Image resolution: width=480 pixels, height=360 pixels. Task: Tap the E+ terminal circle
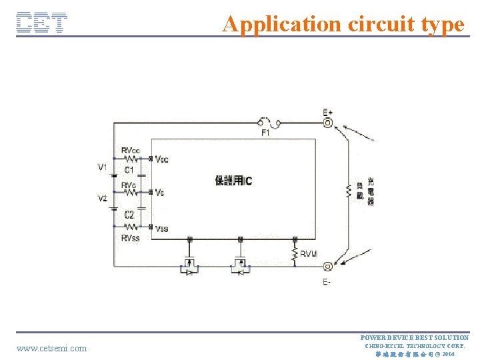click(x=328, y=123)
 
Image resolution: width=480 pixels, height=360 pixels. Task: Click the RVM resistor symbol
click(x=294, y=254)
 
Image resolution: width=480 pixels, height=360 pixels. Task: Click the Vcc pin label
click(x=162, y=159)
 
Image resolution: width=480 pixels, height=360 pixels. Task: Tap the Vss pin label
click(x=162, y=229)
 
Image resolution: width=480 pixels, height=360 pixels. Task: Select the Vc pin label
click(x=160, y=193)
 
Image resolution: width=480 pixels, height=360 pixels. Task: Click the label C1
click(x=129, y=170)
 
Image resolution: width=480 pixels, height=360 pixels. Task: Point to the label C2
click(x=129, y=215)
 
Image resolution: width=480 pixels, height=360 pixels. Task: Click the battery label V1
click(x=102, y=167)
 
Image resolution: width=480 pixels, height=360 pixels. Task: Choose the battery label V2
click(x=102, y=199)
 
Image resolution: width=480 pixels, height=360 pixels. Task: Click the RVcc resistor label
click(x=131, y=151)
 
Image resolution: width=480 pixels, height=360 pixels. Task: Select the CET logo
click(x=41, y=23)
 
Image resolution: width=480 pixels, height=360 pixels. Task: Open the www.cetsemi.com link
click(x=52, y=348)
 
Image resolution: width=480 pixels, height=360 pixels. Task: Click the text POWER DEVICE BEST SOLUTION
click(x=415, y=338)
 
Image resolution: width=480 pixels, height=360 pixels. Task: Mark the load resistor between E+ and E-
click(x=348, y=192)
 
